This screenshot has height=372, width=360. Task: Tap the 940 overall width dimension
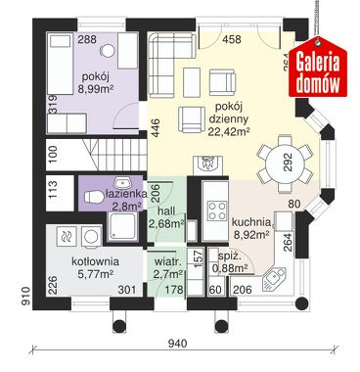pyautogui.click(x=178, y=344)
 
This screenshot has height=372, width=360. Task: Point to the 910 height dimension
pyautogui.click(x=26, y=296)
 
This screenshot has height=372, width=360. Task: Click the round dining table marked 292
pyautogui.click(x=282, y=164)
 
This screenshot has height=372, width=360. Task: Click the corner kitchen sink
pyautogui.click(x=273, y=279)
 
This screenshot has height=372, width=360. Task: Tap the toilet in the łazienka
pyautogui.click(x=94, y=197)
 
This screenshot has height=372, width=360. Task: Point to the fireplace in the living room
pyautogui.click(x=207, y=165)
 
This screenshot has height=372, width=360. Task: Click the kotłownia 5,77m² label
pyautogui.click(x=95, y=267)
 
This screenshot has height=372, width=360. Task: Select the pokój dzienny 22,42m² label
pyautogui.click(x=229, y=118)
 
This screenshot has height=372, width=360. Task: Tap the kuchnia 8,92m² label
pyautogui.click(x=251, y=228)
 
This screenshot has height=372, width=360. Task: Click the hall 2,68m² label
pyautogui.click(x=166, y=217)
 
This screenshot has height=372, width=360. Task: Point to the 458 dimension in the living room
pyautogui.click(x=232, y=39)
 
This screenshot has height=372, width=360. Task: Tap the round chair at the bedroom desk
pyautogui.click(x=108, y=51)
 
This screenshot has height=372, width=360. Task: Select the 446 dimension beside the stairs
pyautogui.click(x=156, y=127)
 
